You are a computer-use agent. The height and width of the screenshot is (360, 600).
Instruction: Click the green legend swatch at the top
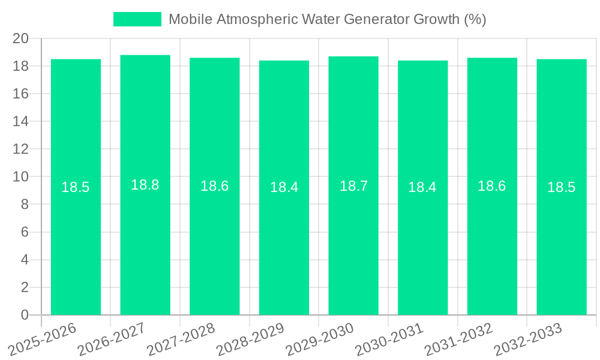pyautogui.click(x=137, y=19)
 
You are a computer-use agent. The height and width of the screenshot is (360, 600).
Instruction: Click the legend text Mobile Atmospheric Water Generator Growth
pyautogui.click(x=327, y=19)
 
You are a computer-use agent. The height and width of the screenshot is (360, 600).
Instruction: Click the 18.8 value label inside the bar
pyautogui.click(x=145, y=185)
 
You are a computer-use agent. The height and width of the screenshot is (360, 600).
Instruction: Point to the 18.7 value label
pyautogui.click(x=353, y=186)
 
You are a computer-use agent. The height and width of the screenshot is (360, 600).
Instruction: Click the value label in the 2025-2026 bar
pyautogui.click(x=76, y=187)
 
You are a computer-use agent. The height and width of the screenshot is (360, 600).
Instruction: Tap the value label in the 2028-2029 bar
pyautogui.click(x=284, y=187)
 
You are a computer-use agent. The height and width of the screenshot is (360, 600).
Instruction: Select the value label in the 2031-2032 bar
pyautogui.click(x=492, y=186)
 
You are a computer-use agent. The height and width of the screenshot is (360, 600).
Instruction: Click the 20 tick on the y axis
pyautogui.click(x=21, y=38)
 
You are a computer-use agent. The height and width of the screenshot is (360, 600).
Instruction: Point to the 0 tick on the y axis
pyautogui.click(x=25, y=315)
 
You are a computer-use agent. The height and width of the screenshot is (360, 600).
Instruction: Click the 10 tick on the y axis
pyautogui.click(x=21, y=177)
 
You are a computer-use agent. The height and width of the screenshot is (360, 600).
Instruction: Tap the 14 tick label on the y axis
pyautogui.click(x=21, y=121)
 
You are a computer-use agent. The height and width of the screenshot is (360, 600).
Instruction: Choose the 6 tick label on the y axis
pyautogui.click(x=25, y=232)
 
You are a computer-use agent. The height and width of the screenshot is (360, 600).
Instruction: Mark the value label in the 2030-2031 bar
pyautogui.click(x=422, y=187)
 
